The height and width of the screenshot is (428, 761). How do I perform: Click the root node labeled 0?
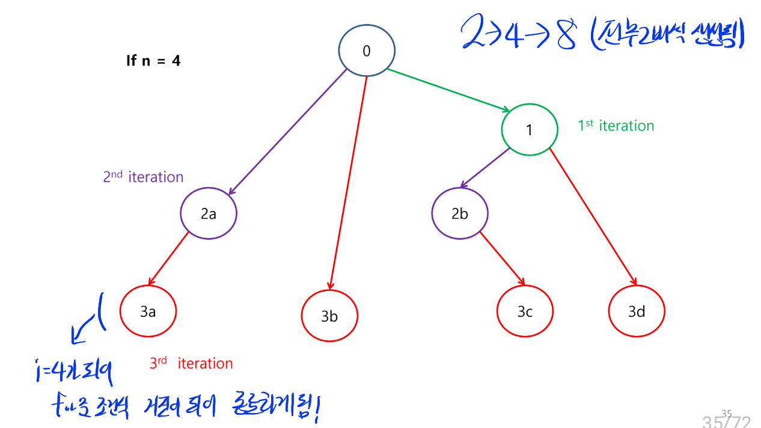tap(367, 51)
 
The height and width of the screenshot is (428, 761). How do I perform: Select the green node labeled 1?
tap(529, 130)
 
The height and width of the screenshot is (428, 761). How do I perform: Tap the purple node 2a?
tap(209, 213)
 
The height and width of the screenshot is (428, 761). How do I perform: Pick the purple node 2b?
tap(460, 213)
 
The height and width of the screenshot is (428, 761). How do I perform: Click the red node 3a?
tap(148, 311)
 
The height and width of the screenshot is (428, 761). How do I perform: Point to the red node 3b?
tap(329, 316)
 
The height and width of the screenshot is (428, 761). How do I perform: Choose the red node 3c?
tap(525, 311)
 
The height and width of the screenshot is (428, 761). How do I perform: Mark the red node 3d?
tap(637, 311)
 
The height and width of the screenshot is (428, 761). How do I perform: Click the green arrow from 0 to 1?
tap(448, 90)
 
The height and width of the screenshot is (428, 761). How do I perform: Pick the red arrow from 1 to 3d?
tap(593, 216)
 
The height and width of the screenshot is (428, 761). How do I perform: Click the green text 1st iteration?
tap(616, 126)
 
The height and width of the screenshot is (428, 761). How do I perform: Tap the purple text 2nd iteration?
tap(143, 177)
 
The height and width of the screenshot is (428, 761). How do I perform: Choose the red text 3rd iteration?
tap(191, 363)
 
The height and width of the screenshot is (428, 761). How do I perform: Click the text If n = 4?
tap(153, 61)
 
